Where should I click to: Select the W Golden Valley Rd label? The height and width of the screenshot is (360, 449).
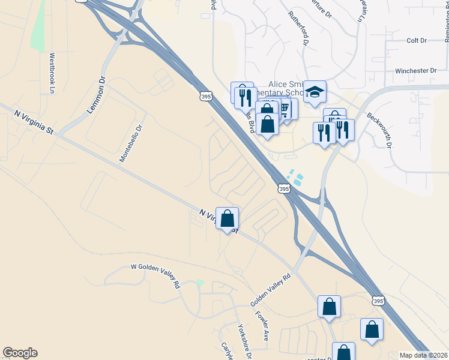[155, 275]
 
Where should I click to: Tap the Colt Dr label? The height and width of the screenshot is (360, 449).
[416, 40]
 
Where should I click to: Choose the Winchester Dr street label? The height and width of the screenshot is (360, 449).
[415, 71]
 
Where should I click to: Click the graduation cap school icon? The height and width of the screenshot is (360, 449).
[315, 92]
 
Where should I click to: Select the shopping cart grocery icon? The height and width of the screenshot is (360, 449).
[285, 109]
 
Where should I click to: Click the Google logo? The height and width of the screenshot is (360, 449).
[20, 353]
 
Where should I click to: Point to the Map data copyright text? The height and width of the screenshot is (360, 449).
[424, 355]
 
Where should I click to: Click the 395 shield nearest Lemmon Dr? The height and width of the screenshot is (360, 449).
[205, 96]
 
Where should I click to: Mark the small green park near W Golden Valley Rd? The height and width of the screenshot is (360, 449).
[200, 283]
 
